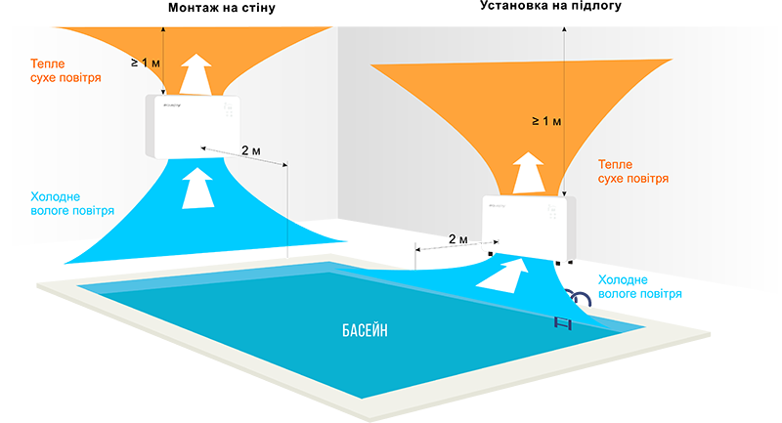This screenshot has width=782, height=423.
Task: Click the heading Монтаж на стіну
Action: (222, 8)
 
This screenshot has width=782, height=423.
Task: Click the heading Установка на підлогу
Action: (550, 6)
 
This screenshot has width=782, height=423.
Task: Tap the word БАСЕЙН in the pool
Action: (365, 330)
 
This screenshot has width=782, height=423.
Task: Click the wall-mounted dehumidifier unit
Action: (194, 127)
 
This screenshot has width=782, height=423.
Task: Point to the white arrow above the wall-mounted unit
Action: (195, 73)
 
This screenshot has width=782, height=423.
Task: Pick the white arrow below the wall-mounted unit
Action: (197, 188)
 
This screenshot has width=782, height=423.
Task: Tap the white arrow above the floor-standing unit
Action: (528, 173)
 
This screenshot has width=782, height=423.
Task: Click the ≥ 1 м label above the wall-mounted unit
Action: (145, 63)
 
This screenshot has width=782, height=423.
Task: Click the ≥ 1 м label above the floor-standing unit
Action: (546, 121)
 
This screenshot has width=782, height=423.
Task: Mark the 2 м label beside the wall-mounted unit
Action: (251, 150)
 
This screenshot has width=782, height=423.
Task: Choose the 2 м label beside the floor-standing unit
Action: (458, 239)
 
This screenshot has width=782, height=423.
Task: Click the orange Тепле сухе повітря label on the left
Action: (65, 70)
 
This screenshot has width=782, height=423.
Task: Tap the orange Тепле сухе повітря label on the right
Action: (633, 171)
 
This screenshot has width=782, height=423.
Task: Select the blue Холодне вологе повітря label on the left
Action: (72, 203)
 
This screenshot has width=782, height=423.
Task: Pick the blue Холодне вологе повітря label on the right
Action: (640, 286)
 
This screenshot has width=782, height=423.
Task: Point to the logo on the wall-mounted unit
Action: (172, 106)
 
